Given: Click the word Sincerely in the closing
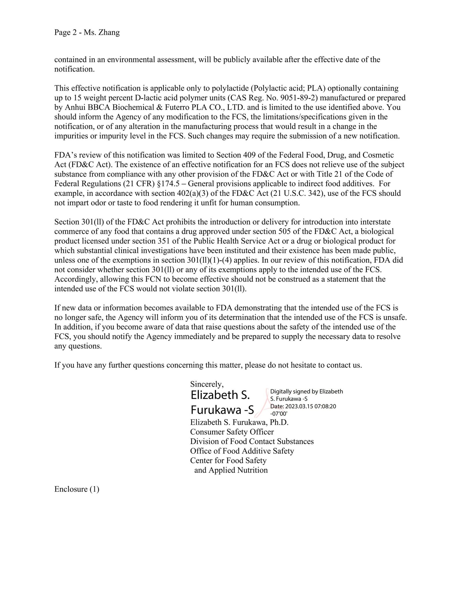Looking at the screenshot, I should click(207, 384).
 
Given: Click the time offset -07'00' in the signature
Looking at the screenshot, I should click(279, 413).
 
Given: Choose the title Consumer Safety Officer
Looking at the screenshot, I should click(232, 432).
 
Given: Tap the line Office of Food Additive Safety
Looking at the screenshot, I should click(242, 451).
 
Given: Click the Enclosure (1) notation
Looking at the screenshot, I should click(77, 489).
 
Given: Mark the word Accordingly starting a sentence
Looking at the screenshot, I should click(74, 279).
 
